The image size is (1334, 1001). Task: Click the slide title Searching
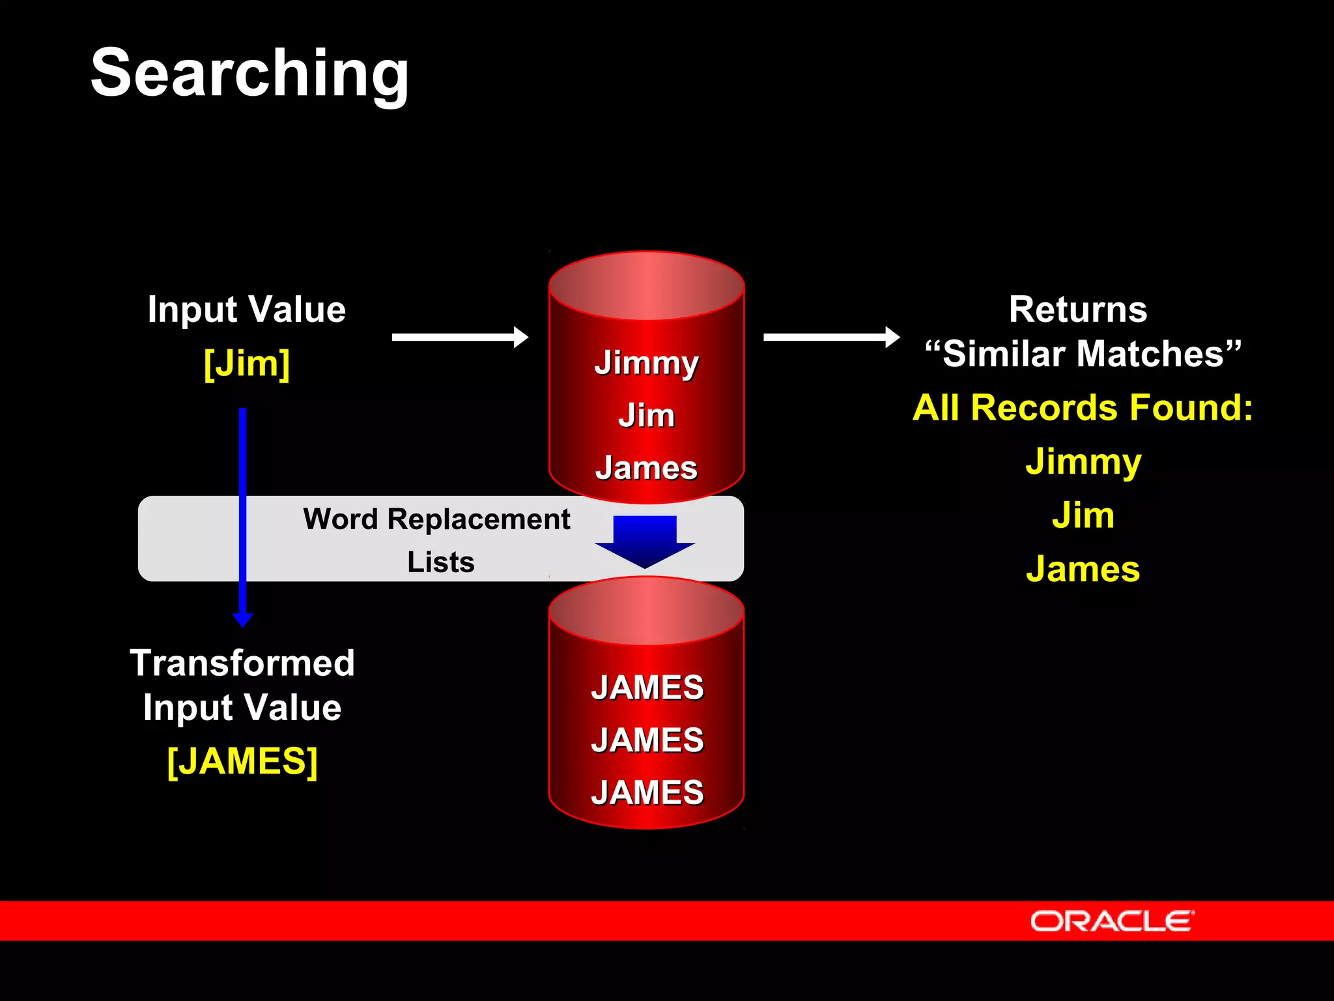[250, 73]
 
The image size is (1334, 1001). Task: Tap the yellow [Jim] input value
[247, 364]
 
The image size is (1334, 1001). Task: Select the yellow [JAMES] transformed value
[242, 761]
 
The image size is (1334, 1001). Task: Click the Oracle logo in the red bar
[1112, 921]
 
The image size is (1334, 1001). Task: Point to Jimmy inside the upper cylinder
[646, 363]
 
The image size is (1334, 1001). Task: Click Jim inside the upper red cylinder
[646, 415]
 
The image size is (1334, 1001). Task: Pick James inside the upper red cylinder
[646, 468]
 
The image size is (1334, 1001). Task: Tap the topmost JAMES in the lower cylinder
[647, 688]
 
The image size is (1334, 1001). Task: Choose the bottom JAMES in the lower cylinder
[647, 792]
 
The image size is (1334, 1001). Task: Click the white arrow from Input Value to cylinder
[460, 337]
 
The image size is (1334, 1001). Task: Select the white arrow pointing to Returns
[831, 337]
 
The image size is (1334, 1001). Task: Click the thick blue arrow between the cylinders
[645, 540]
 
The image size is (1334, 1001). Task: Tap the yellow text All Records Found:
[1083, 408]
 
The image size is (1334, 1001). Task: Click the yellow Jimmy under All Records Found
[1083, 462]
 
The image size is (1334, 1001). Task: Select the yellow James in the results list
[1083, 569]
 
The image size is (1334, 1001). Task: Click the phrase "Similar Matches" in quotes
[1083, 354]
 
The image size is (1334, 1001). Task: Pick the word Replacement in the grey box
[479, 519]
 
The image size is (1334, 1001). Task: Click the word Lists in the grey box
[441, 562]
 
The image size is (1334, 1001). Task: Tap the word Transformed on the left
[242, 663]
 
